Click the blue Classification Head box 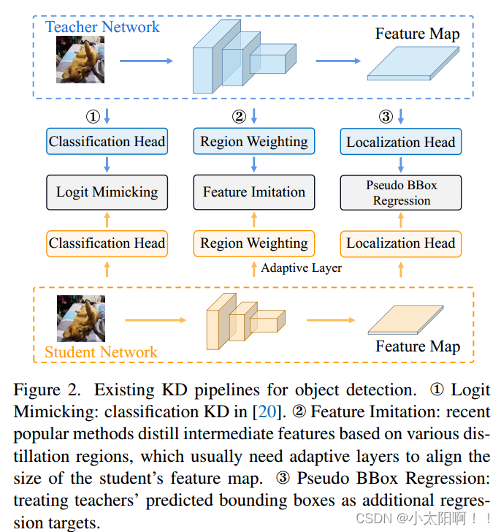click(x=107, y=141)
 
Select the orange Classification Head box click(x=107, y=243)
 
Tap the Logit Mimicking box click(x=107, y=192)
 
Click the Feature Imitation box click(x=254, y=192)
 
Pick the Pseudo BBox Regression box click(x=401, y=193)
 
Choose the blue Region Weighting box click(x=254, y=141)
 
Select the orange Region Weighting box click(x=254, y=243)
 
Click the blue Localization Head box click(x=401, y=142)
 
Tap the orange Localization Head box click(x=401, y=243)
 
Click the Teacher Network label click(x=102, y=27)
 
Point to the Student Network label click(x=101, y=352)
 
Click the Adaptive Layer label click(x=302, y=268)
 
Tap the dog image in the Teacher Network click(x=76, y=60)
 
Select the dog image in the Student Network click(x=76, y=319)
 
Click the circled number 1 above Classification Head click(x=93, y=116)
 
